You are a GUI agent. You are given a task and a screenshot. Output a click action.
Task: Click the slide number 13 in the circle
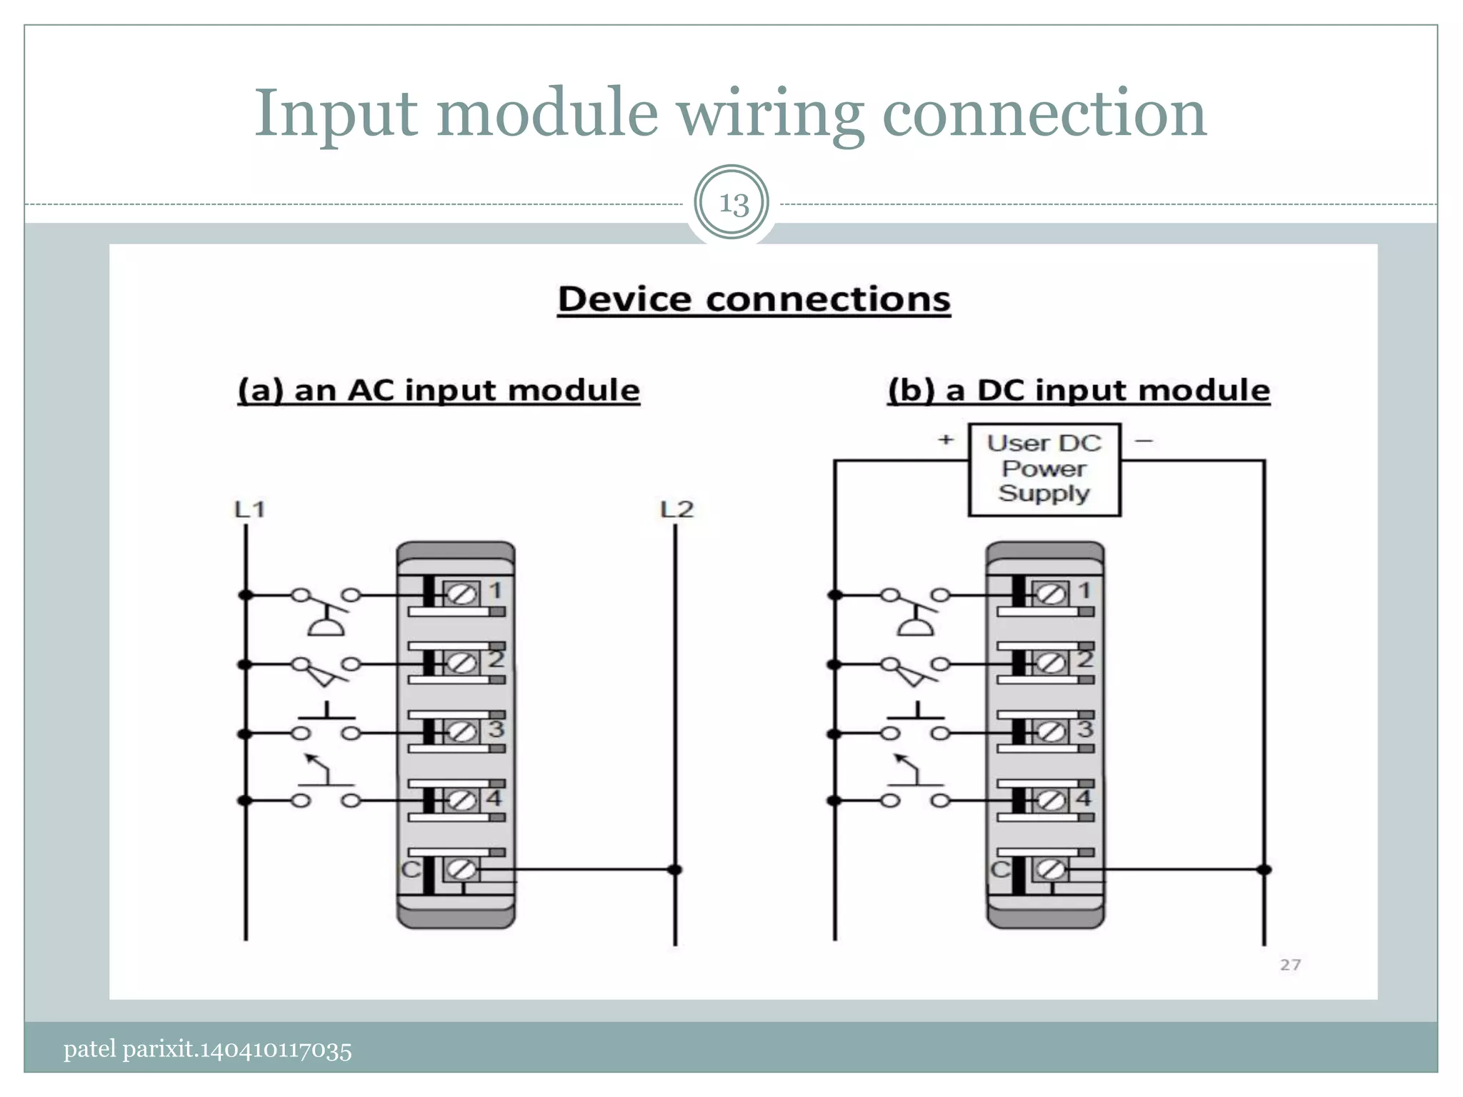point(732,204)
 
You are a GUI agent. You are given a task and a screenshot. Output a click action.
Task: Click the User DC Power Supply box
point(1044,469)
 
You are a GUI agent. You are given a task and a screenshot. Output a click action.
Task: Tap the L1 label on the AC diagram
point(249,509)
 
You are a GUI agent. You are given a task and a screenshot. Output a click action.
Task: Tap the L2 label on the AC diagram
point(676,509)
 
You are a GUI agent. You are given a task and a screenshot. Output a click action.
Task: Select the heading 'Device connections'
point(754,299)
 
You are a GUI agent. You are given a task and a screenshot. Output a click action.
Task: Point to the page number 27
point(1290,965)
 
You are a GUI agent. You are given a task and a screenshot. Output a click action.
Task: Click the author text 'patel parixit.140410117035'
point(207,1049)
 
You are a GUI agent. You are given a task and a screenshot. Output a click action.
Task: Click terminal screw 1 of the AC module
point(461,594)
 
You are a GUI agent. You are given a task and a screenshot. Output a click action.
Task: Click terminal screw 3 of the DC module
point(1051,732)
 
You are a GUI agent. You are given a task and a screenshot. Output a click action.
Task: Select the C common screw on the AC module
point(461,869)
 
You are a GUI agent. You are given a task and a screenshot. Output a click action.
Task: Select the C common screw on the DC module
point(1051,869)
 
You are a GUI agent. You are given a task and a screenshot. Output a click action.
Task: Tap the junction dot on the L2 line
point(674,869)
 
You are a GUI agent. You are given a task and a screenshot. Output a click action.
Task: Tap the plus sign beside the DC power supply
point(946,439)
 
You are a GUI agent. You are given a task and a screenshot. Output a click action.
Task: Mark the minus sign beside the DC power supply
point(1144,441)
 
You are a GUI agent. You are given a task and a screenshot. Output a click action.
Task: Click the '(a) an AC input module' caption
point(439,391)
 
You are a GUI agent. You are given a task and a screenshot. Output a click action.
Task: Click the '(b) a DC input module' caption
point(1079,391)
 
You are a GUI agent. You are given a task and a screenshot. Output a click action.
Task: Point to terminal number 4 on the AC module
point(494,797)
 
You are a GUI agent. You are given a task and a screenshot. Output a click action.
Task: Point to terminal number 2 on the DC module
point(1084,658)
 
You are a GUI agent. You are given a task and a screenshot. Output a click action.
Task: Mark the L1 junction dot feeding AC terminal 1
point(246,594)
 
